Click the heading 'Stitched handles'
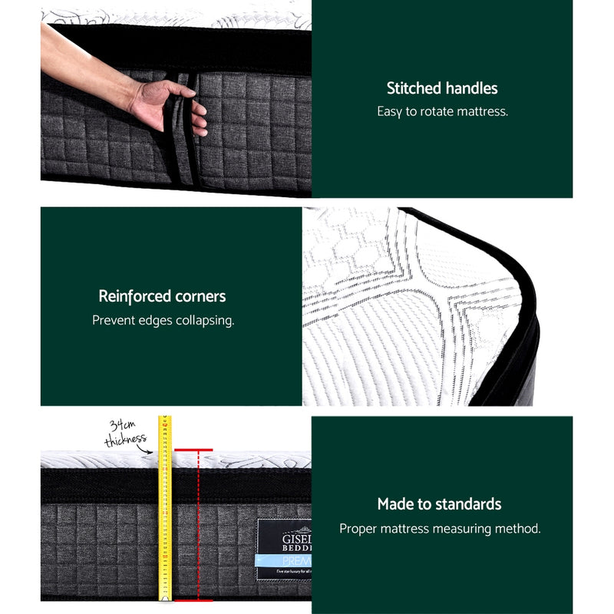click(x=442, y=88)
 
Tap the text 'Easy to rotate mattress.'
click(x=442, y=111)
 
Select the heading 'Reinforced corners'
click(x=162, y=296)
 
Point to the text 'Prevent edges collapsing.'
click(x=163, y=320)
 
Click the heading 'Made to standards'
click(x=439, y=504)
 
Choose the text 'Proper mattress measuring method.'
click(x=440, y=529)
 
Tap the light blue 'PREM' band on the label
click(x=284, y=562)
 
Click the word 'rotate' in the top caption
click(x=440, y=111)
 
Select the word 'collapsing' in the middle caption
click(x=204, y=320)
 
